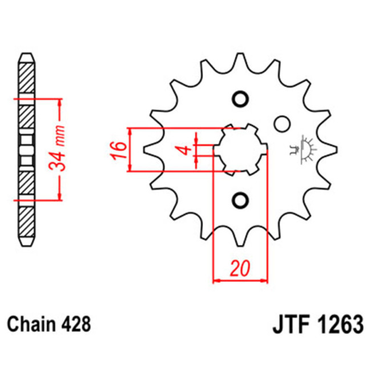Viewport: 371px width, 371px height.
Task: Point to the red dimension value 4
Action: click(184, 150)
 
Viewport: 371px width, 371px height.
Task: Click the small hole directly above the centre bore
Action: click(240, 98)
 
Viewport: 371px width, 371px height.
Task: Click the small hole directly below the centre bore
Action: click(240, 200)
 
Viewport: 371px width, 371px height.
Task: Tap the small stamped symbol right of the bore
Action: click(304, 149)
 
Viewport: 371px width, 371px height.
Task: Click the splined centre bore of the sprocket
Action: click(240, 149)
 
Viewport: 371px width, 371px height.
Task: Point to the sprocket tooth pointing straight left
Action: click(147, 149)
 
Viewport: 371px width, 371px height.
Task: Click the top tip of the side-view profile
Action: click(27, 55)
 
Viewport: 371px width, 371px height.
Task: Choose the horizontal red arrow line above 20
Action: click(240, 280)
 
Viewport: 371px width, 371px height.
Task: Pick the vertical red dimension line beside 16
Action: click(131, 150)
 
